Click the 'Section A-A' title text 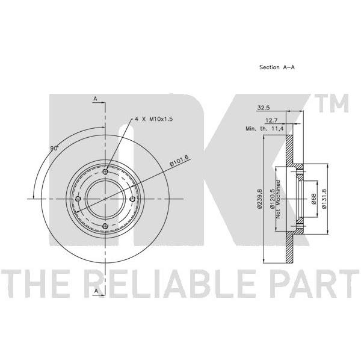[277, 67]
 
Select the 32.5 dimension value [264, 108]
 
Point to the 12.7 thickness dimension [272, 120]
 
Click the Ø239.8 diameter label [260, 199]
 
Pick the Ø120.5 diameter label [273, 199]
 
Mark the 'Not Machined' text [279, 199]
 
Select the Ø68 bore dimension [313, 199]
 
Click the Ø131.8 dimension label [324, 199]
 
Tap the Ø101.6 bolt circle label [179, 161]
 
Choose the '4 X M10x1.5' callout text [154, 119]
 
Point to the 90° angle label [55, 149]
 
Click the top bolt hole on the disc [105, 171]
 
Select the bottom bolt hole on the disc [105, 226]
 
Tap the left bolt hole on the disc [78, 199]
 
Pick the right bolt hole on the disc [132, 199]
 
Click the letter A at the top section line [95, 99]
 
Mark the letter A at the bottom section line [96, 291]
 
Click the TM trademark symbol [333, 103]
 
